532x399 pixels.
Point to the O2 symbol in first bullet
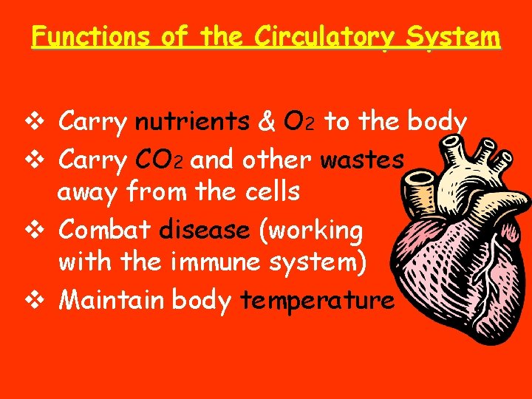[301, 122]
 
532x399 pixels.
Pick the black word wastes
[362, 158]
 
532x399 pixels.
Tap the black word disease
[205, 230]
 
